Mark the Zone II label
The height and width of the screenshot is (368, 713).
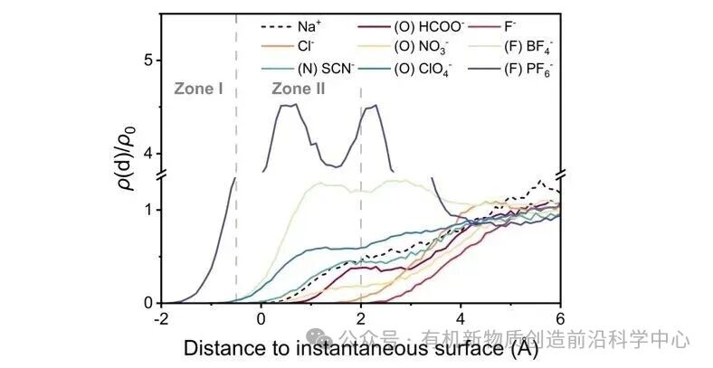[299, 90]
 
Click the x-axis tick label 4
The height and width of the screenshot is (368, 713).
[461, 318]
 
